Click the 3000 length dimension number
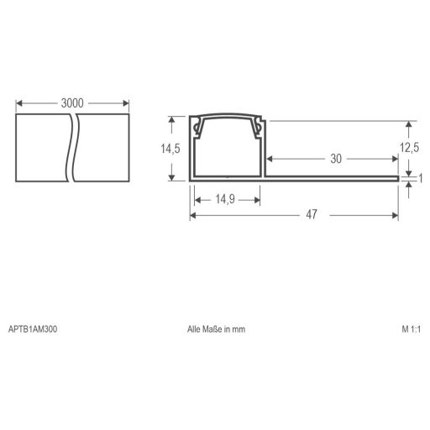pyautogui.click(x=72, y=102)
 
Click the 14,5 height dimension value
pyautogui.click(x=171, y=149)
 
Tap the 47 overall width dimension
pyautogui.click(x=311, y=215)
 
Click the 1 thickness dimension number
pyautogui.click(x=419, y=178)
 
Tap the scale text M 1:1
pyautogui.click(x=412, y=329)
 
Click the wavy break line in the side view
pyautogui.click(x=71, y=147)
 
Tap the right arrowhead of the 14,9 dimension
pyautogui.click(x=258, y=199)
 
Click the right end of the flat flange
pyautogui.click(x=396, y=177)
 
